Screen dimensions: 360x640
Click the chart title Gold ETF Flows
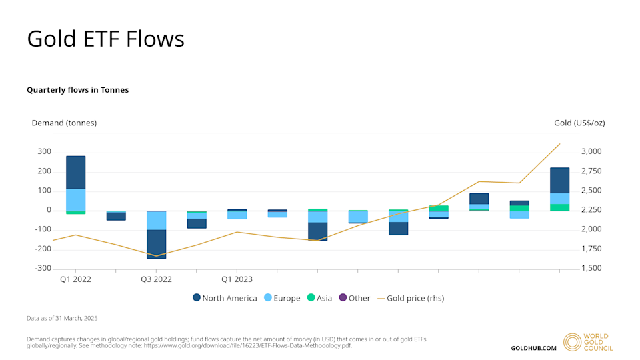click(x=105, y=39)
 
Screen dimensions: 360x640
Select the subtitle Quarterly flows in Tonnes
click(x=77, y=89)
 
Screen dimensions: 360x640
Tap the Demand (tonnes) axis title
click(x=64, y=123)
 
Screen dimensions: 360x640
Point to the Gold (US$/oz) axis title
click(x=579, y=123)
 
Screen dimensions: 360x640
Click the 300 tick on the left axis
click(x=44, y=152)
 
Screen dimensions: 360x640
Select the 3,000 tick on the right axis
click(x=591, y=152)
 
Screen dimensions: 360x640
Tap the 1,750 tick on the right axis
click(x=591, y=249)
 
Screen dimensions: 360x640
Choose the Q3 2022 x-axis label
click(x=156, y=279)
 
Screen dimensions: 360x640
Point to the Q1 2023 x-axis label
click(x=237, y=279)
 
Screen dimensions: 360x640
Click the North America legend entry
click(x=225, y=298)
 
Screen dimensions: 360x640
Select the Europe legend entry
click(x=282, y=298)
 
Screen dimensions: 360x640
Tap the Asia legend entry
click(x=319, y=298)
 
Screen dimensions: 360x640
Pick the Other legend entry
click(x=354, y=298)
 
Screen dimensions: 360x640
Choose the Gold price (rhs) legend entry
click(x=410, y=298)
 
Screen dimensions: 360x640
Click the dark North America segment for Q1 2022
click(x=75, y=173)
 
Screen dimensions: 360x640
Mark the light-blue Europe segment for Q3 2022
click(x=157, y=221)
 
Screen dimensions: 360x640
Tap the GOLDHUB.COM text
click(x=533, y=348)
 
